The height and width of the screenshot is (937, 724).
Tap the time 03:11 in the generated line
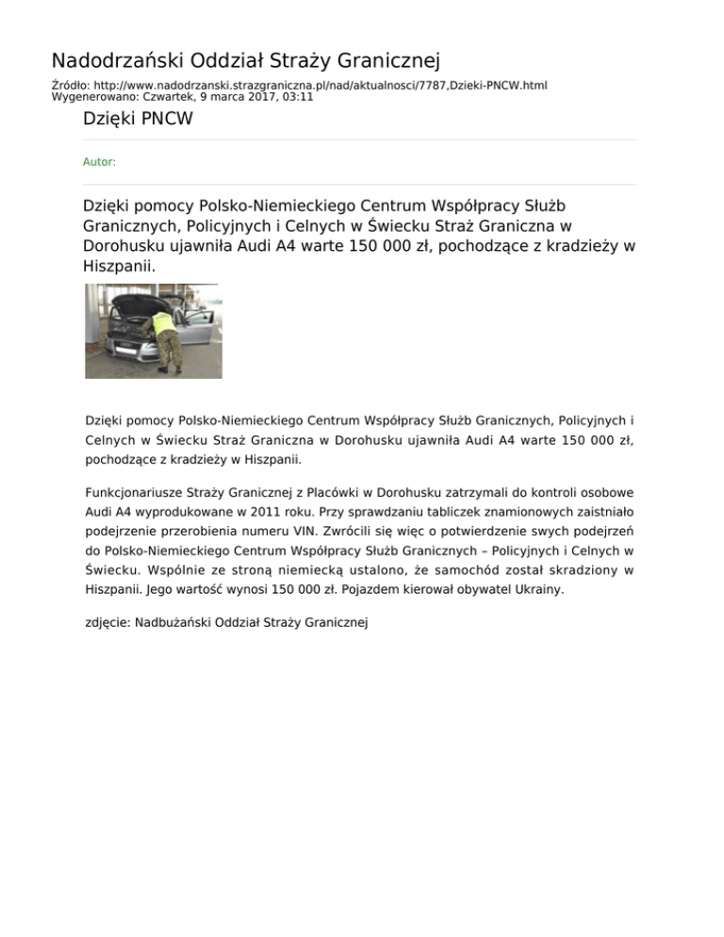pos(299,96)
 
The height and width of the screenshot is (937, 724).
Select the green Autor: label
pos(100,162)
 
